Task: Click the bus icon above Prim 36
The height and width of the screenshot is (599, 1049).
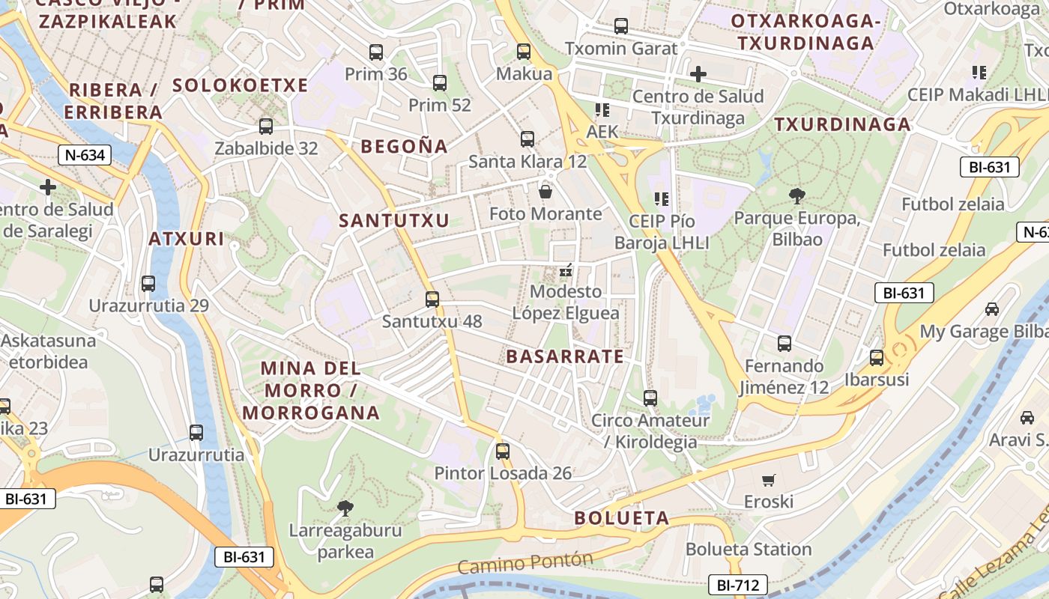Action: point(376,52)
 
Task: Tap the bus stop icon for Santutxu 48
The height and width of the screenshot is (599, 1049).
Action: point(432,299)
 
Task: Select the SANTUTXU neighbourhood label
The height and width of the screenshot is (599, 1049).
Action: point(393,220)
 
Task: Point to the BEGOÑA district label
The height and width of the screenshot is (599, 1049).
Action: point(404,146)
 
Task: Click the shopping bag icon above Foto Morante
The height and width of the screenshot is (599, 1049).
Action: point(545,192)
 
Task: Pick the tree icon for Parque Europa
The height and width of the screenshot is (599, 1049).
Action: point(797,196)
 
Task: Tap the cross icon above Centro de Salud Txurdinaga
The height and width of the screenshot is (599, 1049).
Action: point(698,74)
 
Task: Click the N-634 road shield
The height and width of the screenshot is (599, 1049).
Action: point(84,156)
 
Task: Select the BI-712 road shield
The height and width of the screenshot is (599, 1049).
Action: point(738,585)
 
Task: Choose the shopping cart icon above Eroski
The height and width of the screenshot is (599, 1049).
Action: point(768,480)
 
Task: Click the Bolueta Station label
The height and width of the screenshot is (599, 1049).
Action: point(749,550)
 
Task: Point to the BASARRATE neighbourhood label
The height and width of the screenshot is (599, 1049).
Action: point(565,356)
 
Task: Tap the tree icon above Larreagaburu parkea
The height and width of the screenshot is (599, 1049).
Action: point(345,509)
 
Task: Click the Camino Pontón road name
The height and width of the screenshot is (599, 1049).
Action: point(524,564)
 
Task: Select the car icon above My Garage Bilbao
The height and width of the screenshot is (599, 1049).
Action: point(992,308)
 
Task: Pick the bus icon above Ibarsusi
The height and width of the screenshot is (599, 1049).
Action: point(877,357)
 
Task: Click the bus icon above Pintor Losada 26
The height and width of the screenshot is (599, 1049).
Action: point(503,451)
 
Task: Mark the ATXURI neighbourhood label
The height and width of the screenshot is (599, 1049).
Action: point(186,239)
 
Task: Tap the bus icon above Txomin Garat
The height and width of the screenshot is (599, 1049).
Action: point(621,26)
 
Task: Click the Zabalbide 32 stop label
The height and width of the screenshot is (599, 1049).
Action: point(266,148)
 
